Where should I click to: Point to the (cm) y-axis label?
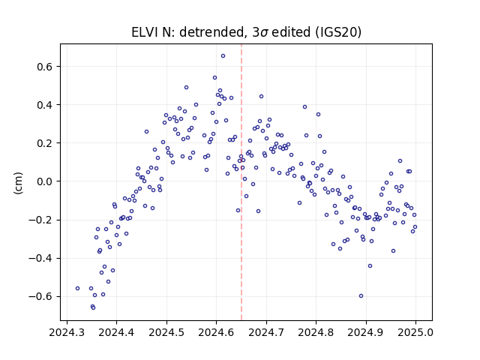[18, 183]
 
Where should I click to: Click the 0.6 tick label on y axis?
[45, 67]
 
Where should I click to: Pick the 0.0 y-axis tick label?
[45, 181]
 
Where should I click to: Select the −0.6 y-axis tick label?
[41, 296]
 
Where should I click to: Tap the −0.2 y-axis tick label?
[41, 220]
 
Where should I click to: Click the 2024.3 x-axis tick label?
[67, 332]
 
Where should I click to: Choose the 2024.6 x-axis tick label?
[216, 332]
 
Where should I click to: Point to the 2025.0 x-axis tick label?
[415, 332]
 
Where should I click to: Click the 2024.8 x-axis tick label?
[316, 332]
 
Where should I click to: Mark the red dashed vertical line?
[241, 182]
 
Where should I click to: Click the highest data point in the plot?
[223, 55]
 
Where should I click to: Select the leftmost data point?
[78, 288]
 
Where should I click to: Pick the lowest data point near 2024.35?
[93, 307]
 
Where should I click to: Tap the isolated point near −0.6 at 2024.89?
[361, 295]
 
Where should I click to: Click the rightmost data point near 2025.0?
[415, 226]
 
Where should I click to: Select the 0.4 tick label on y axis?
[45, 105]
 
